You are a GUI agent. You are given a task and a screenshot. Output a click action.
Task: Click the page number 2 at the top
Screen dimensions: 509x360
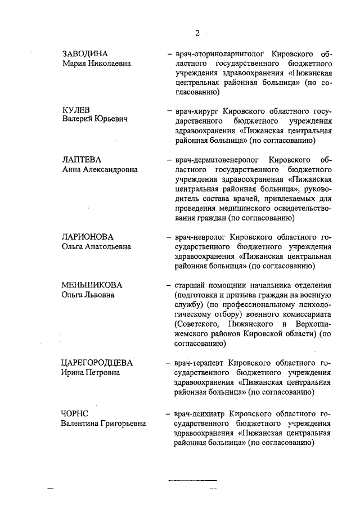[197, 32]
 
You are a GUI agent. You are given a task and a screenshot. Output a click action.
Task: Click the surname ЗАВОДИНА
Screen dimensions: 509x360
[84, 54]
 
